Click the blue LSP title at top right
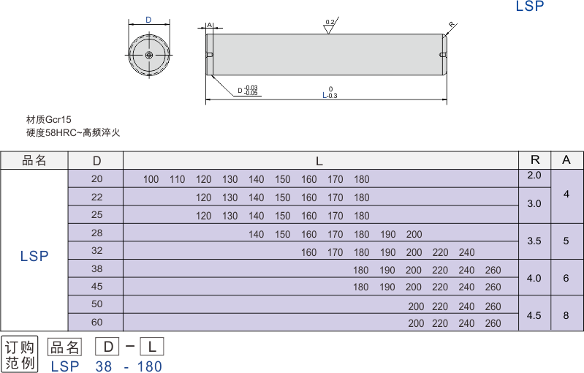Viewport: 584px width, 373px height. (529, 7)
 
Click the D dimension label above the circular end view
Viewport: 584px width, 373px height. (148, 20)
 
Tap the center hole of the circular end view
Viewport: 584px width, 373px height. (148, 55)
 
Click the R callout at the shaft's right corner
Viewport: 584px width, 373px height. (451, 26)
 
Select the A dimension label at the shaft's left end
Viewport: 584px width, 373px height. (210, 25)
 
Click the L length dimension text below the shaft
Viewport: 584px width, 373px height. (329, 94)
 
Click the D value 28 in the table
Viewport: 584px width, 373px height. (97, 233)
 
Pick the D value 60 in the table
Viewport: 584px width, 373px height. (97, 323)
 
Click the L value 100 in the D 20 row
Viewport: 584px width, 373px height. (151, 180)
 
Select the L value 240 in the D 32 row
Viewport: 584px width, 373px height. (466, 253)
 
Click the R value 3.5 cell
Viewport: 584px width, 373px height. (534, 240)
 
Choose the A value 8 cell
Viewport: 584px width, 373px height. (566, 315)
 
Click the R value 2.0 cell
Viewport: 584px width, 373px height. (534, 176)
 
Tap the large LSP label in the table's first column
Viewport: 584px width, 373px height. (34, 256)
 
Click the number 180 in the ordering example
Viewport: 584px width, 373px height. (148, 366)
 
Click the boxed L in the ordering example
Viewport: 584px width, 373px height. (151, 347)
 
